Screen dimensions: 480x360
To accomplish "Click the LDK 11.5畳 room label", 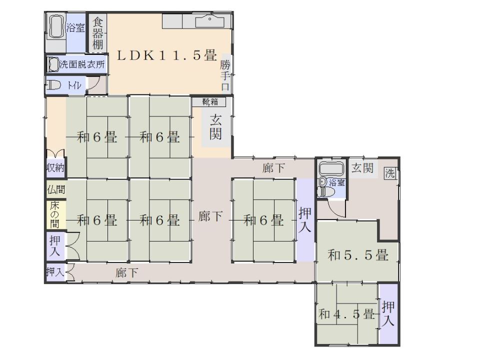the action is (x=167, y=55).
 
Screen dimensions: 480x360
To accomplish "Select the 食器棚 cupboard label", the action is (x=98, y=33).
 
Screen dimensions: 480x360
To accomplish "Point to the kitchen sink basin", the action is (x=210, y=22).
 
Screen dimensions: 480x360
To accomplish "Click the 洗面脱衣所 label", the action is (x=82, y=64).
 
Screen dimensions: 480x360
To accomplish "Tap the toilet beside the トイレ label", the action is (x=53, y=85).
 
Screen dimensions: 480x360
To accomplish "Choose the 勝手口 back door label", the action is (x=225, y=75).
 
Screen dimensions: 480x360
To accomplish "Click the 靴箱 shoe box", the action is (x=209, y=102).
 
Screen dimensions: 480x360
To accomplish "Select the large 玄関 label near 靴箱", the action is (x=216, y=128).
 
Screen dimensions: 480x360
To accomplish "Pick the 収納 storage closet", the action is (x=55, y=168).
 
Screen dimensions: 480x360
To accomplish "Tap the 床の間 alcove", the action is (x=55, y=214).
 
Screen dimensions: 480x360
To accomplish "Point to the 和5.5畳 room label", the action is (x=358, y=255).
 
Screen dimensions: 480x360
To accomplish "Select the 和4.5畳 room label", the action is (x=347, y=314).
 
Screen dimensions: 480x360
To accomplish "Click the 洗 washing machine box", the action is (x=390, y=173).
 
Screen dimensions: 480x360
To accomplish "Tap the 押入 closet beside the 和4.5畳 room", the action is (x=388, y=314).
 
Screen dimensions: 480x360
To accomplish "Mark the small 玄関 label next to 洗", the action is (x=362, y=168).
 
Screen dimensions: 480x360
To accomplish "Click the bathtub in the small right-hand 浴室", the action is (x=331, y=169).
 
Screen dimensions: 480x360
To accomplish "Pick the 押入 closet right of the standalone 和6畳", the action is (x=305, y=220).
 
